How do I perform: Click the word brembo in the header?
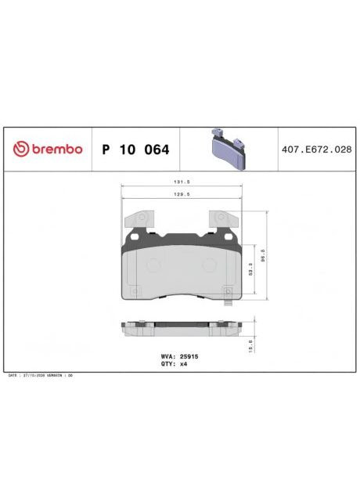pyautogui.click(x=55, y=149)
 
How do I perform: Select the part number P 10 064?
pyautogui.click(x=135, y=149)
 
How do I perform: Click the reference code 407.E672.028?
pyautogui.click(x=315, y=149)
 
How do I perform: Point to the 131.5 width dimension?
pyautogui.click(x=182, y=182)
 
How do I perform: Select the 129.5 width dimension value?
pyautogui.click(x=182, y=199)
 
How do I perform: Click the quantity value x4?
pyautogui.click(x=184, y=364)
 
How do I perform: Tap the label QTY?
pyautogui.click(x=167, y=364)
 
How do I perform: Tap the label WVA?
pyautogui.click(x=167, y=356)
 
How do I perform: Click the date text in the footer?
pyautogui.click(x=39, y=376)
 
